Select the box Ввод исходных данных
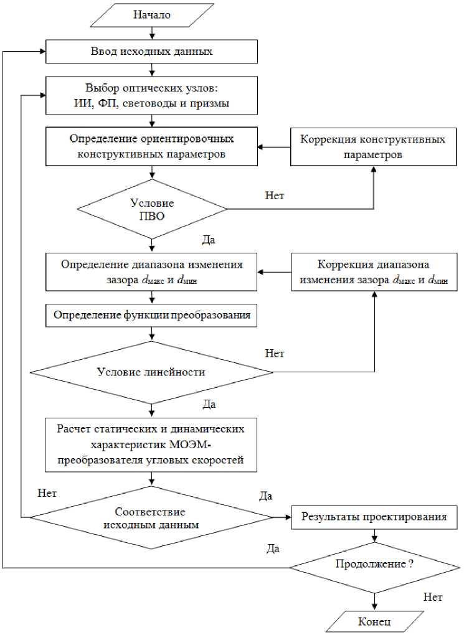pyautogui.click(x=151, y=52)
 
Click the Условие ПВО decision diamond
pyautogui.click(x=151, y=209)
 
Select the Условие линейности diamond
pyautogui.click(x=151, y=372)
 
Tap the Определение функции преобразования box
pyautogui.click(x=151, y=315)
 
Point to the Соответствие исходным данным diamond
pyautogui.click(x=151, y=517)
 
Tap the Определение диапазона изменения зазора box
pyautogui.click(x=151, y=271)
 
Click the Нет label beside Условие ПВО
pyautogui.click(x=275, y=195)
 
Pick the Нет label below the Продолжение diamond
pyautogui.click(x=432, y=598)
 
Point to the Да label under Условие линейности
pyautogui.click(x=209, y=405)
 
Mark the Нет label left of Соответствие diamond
pyautogui.click(x=47, y=493)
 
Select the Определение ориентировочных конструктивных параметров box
pyautogui.click(x=151, y=147)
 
